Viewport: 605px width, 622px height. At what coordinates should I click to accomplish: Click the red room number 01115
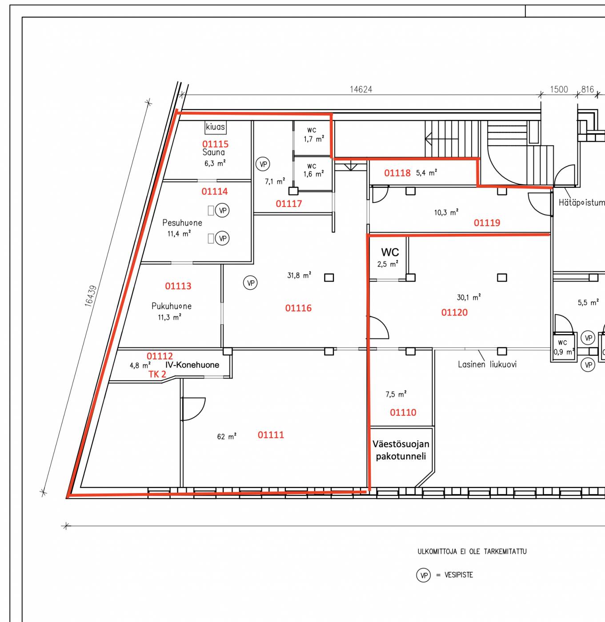pos(215,144)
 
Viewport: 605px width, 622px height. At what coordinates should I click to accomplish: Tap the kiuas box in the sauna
pos(216,127)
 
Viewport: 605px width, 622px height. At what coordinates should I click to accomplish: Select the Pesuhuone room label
pos(182,223)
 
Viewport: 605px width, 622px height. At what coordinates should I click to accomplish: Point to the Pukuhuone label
pos(172,306)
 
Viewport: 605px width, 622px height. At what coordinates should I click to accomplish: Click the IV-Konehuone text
pos(192,365)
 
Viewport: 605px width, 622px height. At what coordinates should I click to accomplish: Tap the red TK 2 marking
pos(157,374)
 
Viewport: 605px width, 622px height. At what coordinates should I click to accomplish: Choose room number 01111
pos(271,435)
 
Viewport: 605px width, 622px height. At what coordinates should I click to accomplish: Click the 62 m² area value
pos(227,437)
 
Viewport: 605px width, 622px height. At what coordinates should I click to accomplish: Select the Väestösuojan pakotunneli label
pos(401,450)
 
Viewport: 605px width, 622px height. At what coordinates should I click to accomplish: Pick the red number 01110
pos(403,412)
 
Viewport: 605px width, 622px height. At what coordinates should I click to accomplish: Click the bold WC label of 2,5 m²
pos(390,252)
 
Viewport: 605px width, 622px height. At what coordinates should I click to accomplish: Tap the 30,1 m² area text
pos(469,298)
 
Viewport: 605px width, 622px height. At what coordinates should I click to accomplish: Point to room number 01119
pos(487,223)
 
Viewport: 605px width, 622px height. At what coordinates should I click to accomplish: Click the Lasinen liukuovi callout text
pos(487,364)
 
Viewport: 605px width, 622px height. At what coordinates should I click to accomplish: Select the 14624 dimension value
pos(361,89)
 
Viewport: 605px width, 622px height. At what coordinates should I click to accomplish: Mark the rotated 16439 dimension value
pos(91,296)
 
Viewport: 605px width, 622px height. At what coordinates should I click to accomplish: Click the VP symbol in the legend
pos(424,575)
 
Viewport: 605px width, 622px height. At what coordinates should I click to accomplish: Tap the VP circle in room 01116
pos(250,283)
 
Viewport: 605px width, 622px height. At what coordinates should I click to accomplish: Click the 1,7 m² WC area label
pos(314,140)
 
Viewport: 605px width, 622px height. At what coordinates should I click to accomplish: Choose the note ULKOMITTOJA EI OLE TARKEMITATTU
pos(472,552)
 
